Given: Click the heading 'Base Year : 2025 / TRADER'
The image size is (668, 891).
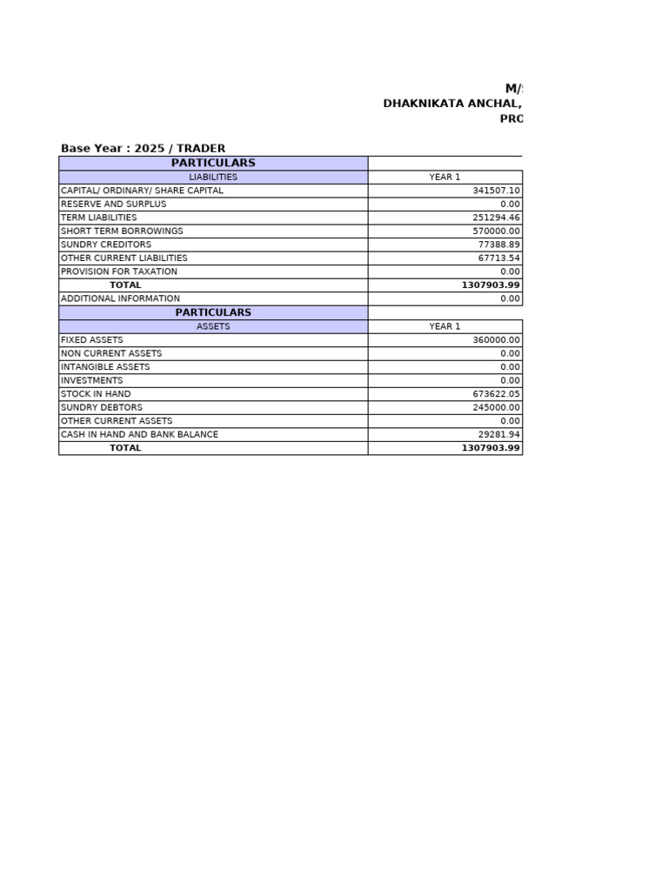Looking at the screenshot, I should (143, 149).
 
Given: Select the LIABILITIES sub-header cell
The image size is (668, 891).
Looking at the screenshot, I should (213, 177).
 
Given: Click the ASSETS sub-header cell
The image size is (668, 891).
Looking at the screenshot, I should (213, 326).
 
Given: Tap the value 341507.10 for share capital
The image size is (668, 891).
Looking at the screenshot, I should (496, 191).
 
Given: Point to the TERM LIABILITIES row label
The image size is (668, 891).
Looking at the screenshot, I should (98, 218).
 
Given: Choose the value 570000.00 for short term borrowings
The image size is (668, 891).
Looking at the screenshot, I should (496, 231).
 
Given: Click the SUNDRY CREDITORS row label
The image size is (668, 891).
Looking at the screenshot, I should (105, 245).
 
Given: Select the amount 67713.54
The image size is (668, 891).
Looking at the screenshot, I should (498, 258).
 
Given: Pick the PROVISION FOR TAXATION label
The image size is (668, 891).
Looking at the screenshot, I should (118, 271).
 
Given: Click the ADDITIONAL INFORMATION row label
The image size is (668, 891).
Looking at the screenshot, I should (120, 298).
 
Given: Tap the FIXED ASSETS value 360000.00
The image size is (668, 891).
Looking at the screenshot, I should (496, 340).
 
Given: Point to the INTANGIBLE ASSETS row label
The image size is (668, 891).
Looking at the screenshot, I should (104, 367).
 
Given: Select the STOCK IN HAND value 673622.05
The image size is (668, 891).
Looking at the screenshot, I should (496, 394).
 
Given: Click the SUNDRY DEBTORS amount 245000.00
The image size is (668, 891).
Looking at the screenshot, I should (496, 407).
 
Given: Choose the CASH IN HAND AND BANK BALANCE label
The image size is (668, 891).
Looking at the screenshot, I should (139, 434).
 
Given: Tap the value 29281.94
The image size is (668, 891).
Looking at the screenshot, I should (498, 434).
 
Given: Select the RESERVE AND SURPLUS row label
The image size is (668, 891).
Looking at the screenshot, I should (113, 204).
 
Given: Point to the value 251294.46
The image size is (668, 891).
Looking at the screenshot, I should (496, 218).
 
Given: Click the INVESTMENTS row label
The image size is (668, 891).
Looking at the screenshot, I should (91, 380).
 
